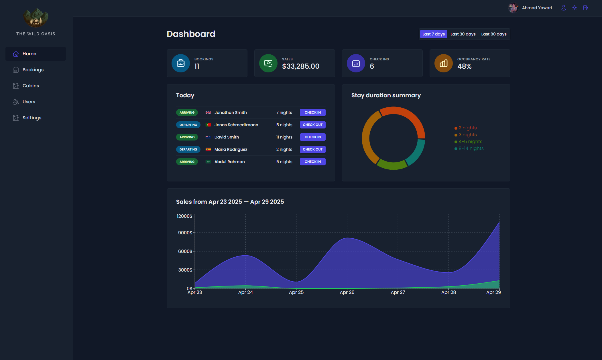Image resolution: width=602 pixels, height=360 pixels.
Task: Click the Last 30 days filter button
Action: pyautogui.click(x=463, y=34)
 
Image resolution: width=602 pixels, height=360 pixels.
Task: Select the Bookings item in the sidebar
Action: pyautogui.click(x=33, y=70)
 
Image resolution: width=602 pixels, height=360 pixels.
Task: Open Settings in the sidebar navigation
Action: pyautogui.click(x=32, y=118)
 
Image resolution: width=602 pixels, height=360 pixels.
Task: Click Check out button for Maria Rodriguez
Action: pyautogui.click(x=312, y=149)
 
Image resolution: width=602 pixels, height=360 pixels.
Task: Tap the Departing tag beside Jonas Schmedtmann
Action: pyautogui.click(x=188, y=125)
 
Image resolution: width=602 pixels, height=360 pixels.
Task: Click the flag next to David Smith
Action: pyautogui.click(x=208, y=137)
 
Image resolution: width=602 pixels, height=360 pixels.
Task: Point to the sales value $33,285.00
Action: pyautogui.click(x=300, y=66)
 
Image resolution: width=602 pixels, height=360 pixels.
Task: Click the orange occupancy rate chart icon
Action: pyautogui.click(x=443, y=63)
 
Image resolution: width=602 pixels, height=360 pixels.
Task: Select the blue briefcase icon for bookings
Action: pyautogui.click(x=181, y=63)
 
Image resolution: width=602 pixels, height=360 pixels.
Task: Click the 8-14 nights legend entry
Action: pyautogui.click(x=471, y=149)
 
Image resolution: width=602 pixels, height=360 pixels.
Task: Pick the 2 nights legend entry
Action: pyautogui.click(x=467, y=128)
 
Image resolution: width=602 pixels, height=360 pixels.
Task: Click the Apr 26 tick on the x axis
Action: pyautogui.click(x=347, y=292)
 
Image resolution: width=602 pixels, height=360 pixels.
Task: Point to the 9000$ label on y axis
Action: pyautogui.click(x=185, y=233)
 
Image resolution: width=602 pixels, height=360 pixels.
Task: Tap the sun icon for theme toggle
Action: pyautogui.click(x=575, y=8)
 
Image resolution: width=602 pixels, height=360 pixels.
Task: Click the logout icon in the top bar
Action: pyautogui.click(x=585, y=8)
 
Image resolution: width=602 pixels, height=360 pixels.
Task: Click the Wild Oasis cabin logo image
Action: pyautogui.click(x=36, y=18)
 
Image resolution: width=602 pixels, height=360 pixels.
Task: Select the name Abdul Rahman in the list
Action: pyautogui.click(x=229, y=162)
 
